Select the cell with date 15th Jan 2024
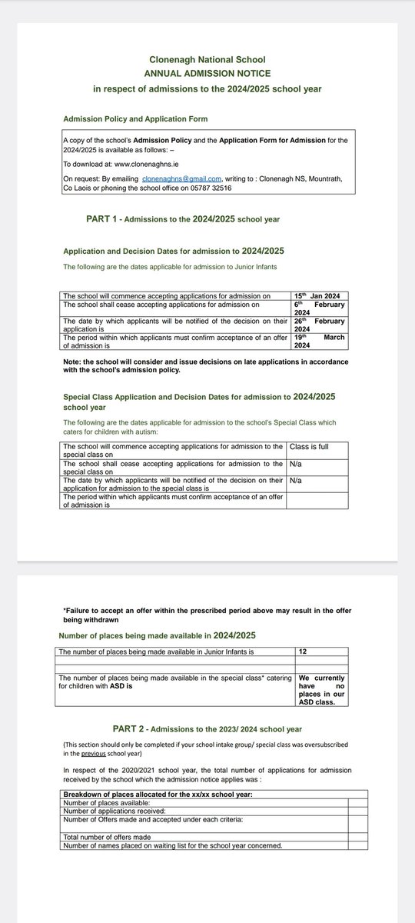click(320, 295)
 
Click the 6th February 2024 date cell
click(320, 308)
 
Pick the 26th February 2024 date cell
click(320, 325)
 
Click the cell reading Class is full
click(308, 446)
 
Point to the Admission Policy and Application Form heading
click(134, 119)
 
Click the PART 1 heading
click(183, 219)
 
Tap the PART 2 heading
click(207, 728)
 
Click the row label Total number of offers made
click(107, 836)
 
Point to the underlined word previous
click(93, 755)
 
